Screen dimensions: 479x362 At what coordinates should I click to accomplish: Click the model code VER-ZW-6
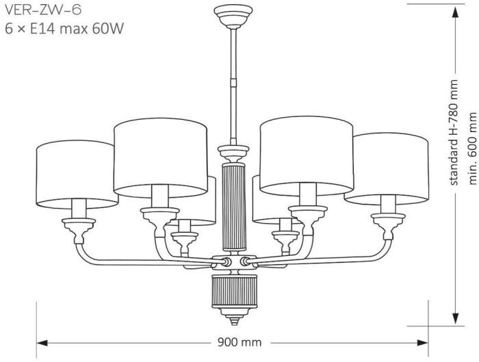click(x=43, y=10)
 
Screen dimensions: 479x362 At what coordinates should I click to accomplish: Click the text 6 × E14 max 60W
click(x=64, y=29)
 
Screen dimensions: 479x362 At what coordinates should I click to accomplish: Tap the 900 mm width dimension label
click(x=239, y=342)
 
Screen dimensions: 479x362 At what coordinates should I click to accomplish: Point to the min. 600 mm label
click(x=472, y=148)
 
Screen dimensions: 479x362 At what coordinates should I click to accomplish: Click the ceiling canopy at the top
click(x=233, y=16)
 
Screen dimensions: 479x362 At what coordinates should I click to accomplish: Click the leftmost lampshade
click(x=77, y=174)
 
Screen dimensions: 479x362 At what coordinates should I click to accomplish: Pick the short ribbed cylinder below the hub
click(x=234, y=292)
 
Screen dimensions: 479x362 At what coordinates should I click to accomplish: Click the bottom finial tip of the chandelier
click(x=234, y=322)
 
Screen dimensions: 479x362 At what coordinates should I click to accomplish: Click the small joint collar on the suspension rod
click(x=233, y=82)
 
